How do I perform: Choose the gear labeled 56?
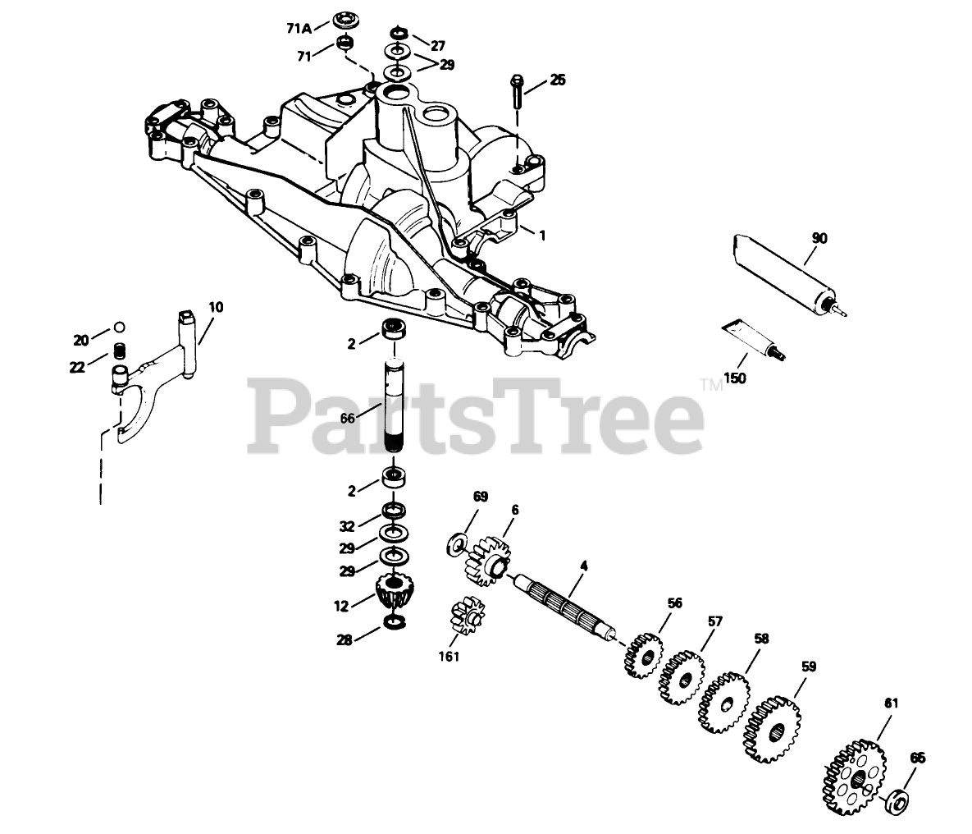pos(643,654)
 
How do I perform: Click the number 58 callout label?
pos(762,638)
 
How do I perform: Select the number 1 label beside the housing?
pos(541,234)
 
